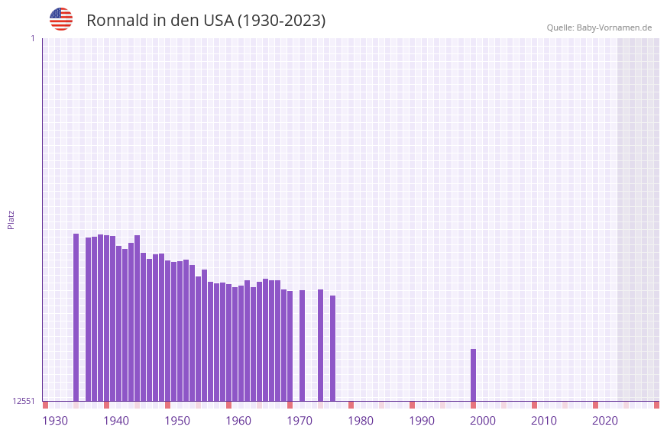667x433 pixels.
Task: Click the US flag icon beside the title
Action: [61, 19]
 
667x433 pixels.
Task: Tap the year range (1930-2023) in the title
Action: [282, 21]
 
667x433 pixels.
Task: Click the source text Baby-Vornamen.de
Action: [614, 27]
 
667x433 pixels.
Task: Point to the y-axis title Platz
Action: [11, 219]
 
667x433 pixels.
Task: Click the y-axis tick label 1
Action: [32, 38]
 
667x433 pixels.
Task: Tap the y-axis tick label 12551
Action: [24, 401]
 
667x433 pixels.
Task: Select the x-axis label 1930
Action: [55, 421]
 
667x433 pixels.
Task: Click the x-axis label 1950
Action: [177, 421]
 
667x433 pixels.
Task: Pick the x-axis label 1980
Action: [361, 421]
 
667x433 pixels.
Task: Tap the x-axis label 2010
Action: [544, 421]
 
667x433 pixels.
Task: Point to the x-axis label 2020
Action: [605, 421]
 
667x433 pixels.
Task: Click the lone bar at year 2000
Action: [473, 374]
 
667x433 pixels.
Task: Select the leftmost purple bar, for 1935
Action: [76, 317]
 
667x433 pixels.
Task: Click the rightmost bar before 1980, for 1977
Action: [332, 347]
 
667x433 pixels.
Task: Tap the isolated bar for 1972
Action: [302, 345]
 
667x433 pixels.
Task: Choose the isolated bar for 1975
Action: [320, 344]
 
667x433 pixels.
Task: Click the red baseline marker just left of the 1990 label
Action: [412, 405]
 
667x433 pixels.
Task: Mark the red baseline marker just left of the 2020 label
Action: [595, 405]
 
